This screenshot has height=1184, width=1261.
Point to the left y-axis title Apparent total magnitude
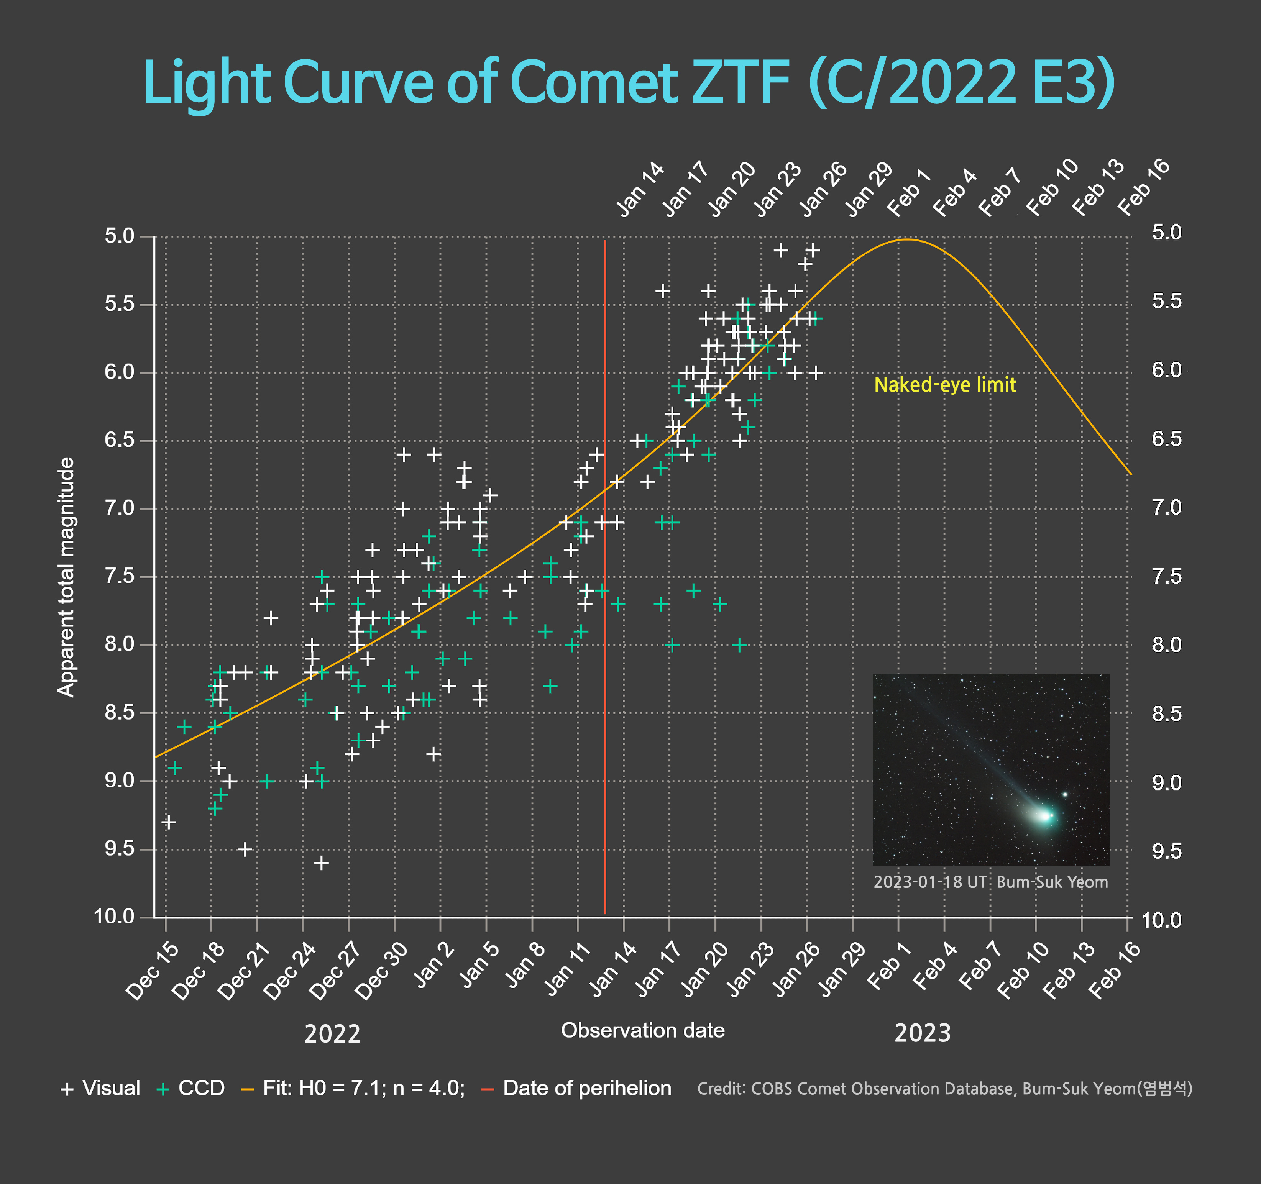pyautogui.click(x=66, y=577)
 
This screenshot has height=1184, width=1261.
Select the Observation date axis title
pyautogui.click(x=642, y=1030)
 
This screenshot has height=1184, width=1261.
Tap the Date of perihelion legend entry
pyautogui.click(x=577, y=1088)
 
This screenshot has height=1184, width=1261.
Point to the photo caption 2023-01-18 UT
pyautogui.click(x=990, y=882)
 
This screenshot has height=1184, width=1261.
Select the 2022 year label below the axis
pyautogui.click(x=332, y=1034)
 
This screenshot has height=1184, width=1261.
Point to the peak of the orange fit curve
pyautogui.click(x=907, y=239)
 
